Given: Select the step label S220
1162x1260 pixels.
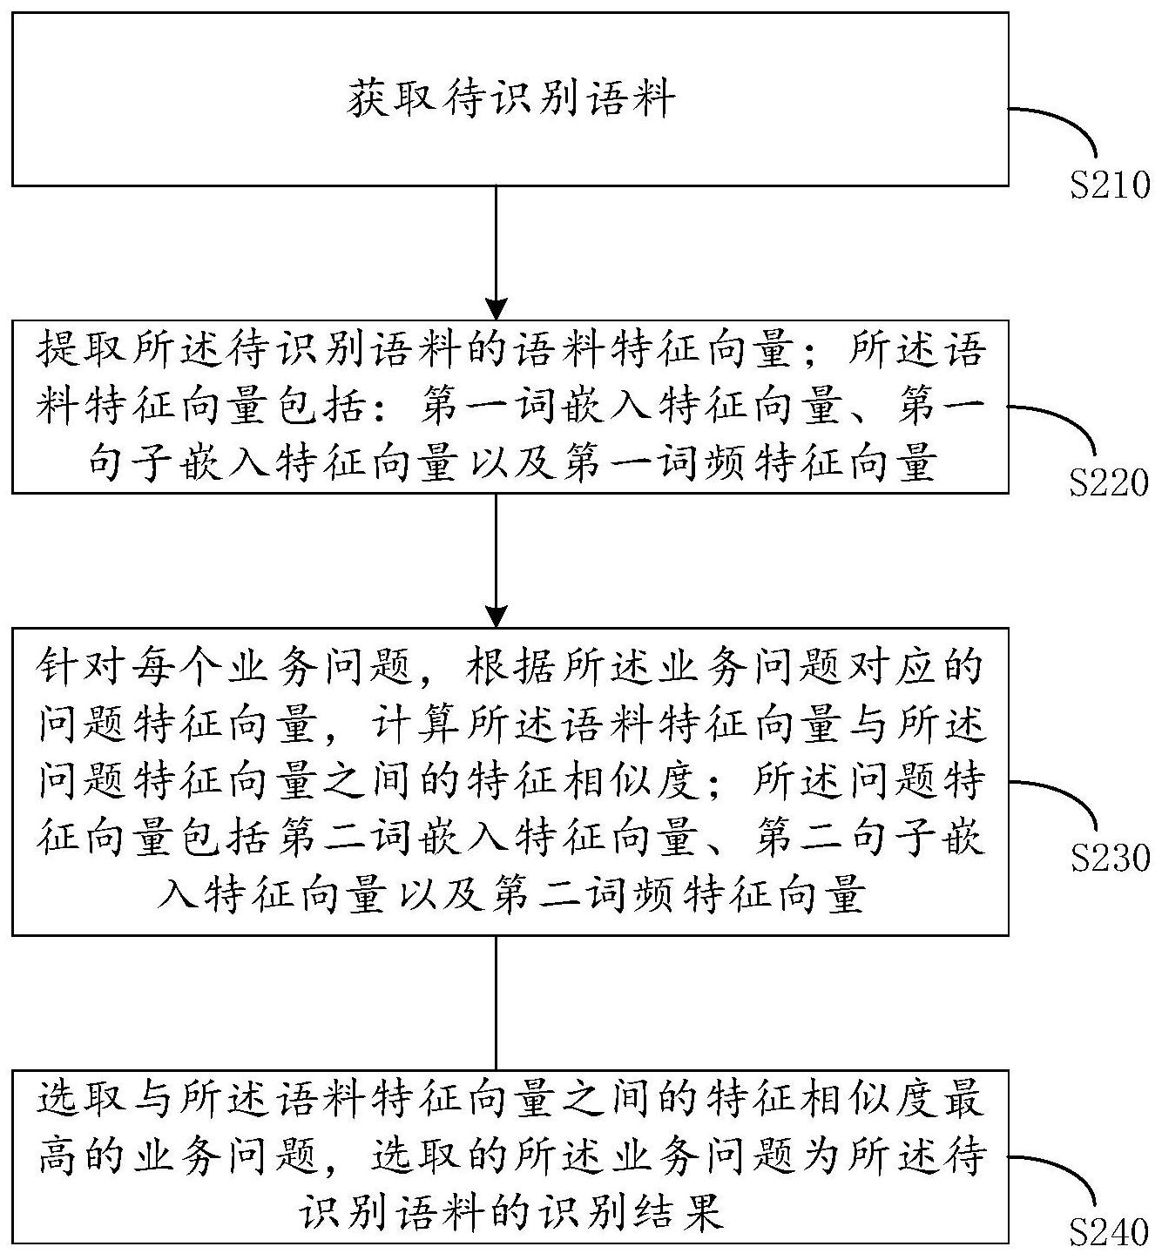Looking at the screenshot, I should tap(1110, 483).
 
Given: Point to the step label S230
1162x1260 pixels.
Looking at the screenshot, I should tap(1110, 859).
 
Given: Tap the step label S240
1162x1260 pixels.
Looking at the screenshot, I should tap(1110, 1232).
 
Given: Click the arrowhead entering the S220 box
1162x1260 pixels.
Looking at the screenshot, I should tap(496, 309).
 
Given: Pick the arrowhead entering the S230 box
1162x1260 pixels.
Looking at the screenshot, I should tap(496, 617).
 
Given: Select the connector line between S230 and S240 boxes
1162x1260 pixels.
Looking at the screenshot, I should tap(496, 1001).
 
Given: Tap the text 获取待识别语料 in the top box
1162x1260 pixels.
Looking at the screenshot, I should tap(511, 99).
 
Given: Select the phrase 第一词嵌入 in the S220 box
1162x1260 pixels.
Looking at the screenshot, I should tap(532, 408).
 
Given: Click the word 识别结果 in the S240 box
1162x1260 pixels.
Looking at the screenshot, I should tap(633, 1211).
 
